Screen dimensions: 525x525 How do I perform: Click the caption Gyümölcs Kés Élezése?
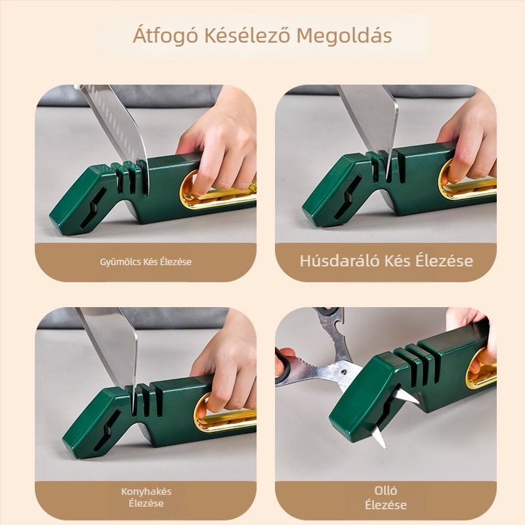146,261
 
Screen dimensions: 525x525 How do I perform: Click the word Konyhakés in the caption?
146,492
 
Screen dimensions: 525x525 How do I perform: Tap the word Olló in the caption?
386,490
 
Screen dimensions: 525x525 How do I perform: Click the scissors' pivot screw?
343,372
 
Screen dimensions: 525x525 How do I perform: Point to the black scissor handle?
284,367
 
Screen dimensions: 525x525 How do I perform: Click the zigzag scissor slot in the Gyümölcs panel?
93,208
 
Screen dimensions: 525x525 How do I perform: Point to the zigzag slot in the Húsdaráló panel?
347,198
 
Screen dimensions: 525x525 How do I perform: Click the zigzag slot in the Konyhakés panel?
106,430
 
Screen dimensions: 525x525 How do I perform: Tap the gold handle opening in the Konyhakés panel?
225,414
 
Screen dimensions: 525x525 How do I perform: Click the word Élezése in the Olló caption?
386,505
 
